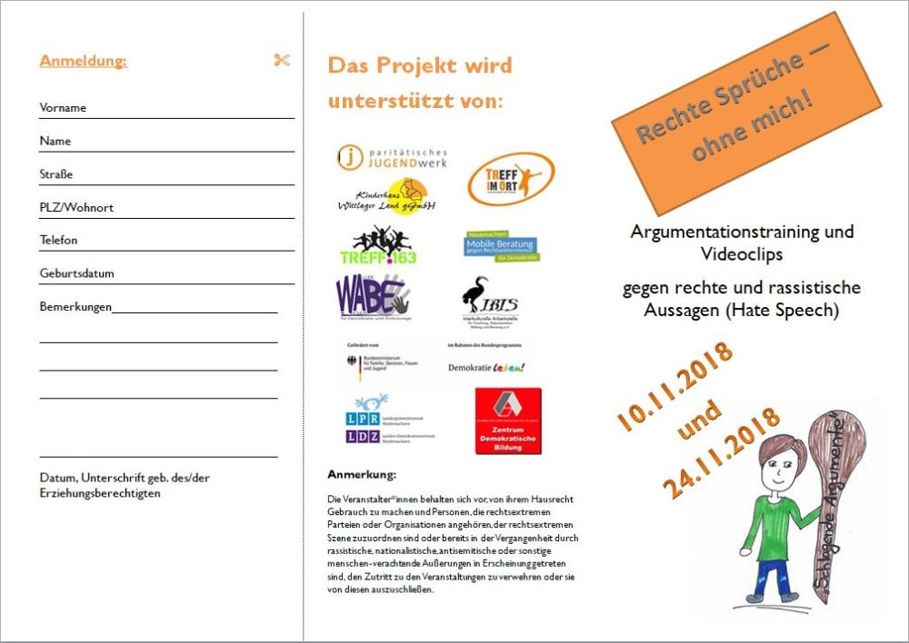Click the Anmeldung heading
(84, 62)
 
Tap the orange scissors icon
(282, 61)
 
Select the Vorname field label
(63, 108)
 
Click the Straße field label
(56, 174)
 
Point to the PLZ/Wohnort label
(76, 208)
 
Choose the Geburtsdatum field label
(76, 273)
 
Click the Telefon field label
(59, 241)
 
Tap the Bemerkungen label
(75, 307)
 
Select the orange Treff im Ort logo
(510, 179)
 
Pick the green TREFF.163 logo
(378, 246)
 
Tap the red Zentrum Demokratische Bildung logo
(508, 420)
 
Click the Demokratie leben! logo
(487, 367)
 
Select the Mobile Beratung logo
(500, 246)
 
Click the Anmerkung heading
(362, 474)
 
